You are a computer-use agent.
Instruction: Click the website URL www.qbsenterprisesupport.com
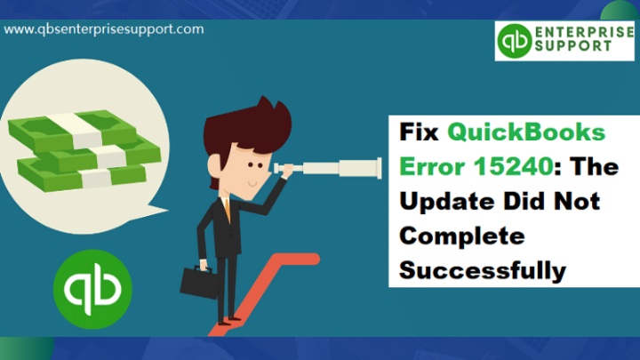pyautogui.click(x=104, y=29)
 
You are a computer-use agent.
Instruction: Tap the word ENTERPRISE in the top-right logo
pyautogui.click(x=584, y=32)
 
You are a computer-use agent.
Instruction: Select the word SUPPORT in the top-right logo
pyautogui.click(x=573, y=45)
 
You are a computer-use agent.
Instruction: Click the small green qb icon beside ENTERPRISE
pyautogui.click(x=515, y=40)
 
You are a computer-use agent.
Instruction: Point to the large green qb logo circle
pyautogui.click(x=92, y=289)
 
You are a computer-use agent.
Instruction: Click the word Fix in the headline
pyautogui.click(x=419, y=132)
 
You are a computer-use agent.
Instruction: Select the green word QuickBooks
pyautogui.click(x=526, y=132)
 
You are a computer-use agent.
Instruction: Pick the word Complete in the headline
pyautogui.click(x=462, y=236)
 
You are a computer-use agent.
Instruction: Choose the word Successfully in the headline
pyautogui.click(x=483, y=270)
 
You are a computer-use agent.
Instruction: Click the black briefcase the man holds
pyautogui.click(x=198, y=282)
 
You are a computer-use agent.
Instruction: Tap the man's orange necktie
pyautogui.click(x=227, y=209)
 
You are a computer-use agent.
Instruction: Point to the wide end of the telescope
pyautogui.click(x=379, y=168)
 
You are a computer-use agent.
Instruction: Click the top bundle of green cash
pyautogui.click(x=73, y=130)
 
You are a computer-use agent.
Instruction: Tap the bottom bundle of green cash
pyautogui.click(x=82, y=175)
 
